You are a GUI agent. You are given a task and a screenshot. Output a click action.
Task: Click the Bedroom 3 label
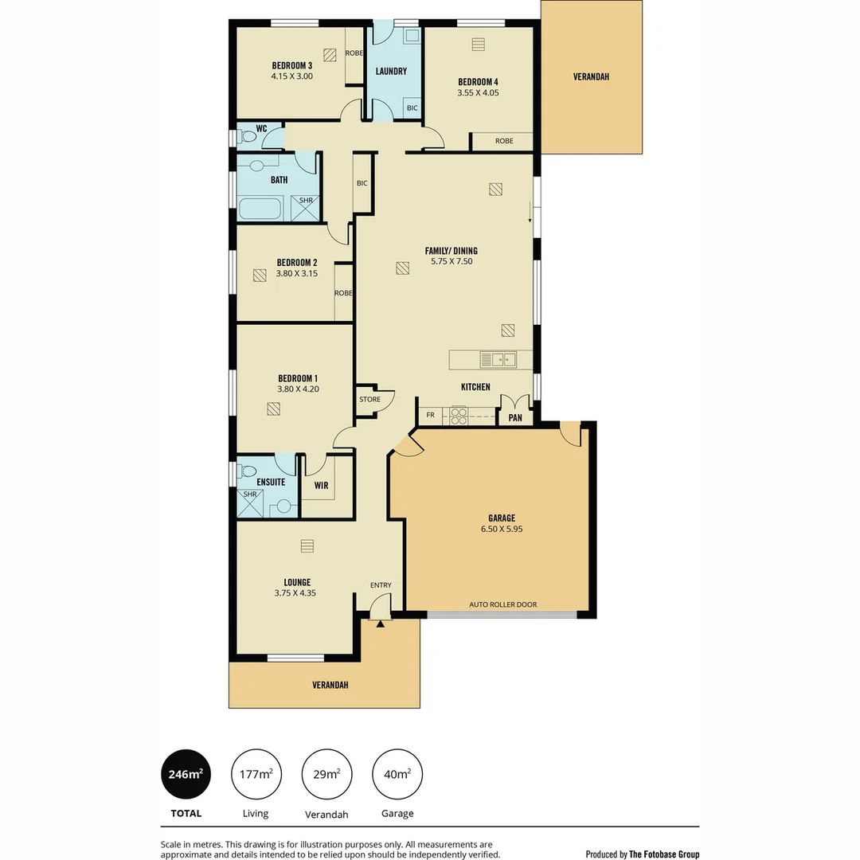pos(292,65)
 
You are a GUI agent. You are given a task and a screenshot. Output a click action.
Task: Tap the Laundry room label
pos(391,72)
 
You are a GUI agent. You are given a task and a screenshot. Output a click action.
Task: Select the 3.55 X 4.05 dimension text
pos(478,92)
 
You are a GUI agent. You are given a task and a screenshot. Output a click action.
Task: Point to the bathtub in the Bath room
pos(260,209)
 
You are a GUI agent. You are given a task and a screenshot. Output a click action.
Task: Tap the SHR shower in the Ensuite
pos(251,504)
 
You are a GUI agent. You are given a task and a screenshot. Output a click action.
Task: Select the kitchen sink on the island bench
pos(498,359)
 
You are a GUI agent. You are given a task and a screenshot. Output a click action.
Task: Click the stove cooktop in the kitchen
pos(459,416)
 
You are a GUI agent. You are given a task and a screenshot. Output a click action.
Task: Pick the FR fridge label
pos(431,416)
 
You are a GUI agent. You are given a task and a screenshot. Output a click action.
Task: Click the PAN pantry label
pos(515,417)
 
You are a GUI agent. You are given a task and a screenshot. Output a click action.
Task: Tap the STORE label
pos(369,399)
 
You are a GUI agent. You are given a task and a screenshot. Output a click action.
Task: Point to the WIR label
pos(322,485)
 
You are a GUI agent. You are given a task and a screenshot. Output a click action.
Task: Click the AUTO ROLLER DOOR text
pos(503,604)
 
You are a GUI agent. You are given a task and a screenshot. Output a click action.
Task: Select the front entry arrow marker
pos(381,623)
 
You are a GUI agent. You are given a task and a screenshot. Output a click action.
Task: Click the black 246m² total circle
pos(186,773)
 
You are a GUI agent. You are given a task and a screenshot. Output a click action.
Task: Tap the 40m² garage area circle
pos(397,773)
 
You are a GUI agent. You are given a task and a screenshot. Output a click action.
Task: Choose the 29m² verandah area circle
pos(326,773)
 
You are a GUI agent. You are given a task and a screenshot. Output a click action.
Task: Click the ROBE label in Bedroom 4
pos(503,141)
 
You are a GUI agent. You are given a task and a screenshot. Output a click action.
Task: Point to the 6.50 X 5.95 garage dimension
pos(502,529)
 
